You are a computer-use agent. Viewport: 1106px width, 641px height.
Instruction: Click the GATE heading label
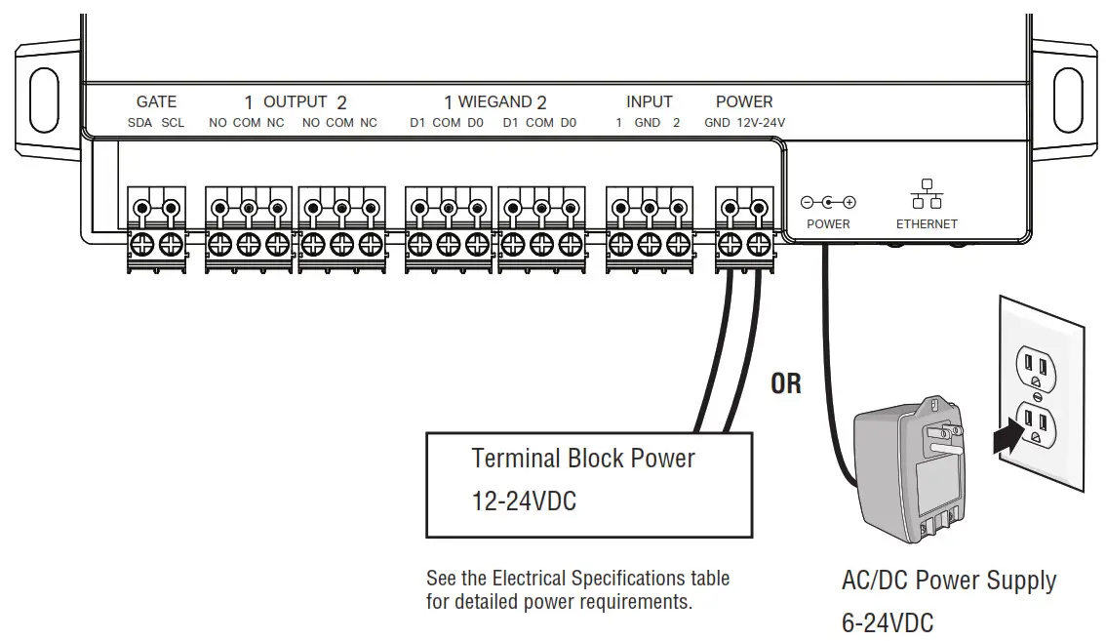(x=156, y=101)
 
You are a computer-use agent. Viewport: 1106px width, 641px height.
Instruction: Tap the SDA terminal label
(x=139, y=123)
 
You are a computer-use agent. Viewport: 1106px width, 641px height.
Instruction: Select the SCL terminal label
(x=173, y=123)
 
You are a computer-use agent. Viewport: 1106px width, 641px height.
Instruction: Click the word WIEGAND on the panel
(x=495, y=101)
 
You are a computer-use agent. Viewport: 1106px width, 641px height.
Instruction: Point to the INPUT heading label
(x=649, y=101)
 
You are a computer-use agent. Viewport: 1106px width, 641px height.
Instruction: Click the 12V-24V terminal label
(x=761, y=123)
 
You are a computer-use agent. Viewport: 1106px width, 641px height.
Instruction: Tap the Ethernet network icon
(x=927, y=193)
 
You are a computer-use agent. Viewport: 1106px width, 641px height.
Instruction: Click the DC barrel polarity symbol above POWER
(x=828, y=203)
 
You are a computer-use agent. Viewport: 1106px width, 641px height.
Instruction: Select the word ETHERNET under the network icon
(x=927, y=223)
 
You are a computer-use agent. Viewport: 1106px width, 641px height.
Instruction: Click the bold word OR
(x=786, y=384)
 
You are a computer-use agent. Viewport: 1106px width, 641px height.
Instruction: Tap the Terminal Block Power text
(x=583, y=459)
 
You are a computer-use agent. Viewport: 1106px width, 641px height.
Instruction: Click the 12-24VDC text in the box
(x=524, y=501)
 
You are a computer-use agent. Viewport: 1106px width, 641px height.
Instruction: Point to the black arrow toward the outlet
(x=1008, y=434)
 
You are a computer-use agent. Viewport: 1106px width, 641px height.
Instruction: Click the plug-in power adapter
(x=910, y=468)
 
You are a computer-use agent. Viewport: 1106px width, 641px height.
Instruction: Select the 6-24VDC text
(x=888, y=623)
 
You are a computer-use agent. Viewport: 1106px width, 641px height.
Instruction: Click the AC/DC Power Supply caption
(x=949, y=581)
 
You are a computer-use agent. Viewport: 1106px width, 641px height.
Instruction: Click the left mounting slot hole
(x=45, y=100)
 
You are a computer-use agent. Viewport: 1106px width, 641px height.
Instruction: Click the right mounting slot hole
(x=1068, y=100)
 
